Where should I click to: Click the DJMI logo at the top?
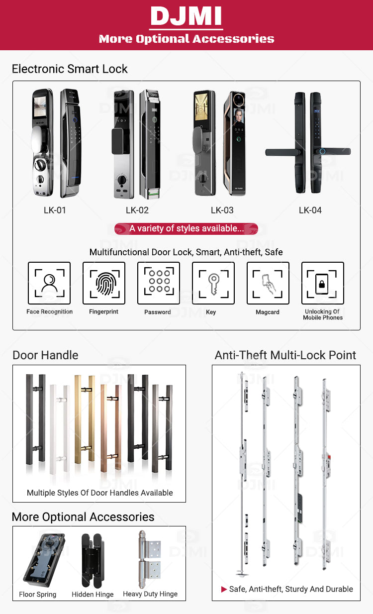(186, 16)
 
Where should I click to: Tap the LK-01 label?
(55, 210)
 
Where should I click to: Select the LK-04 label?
(310, 210)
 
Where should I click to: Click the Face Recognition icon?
(49, 283)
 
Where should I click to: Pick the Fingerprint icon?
(104, 283)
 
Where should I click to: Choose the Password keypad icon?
(159, 283)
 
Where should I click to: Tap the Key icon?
(213, 283)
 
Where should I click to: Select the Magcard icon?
(268, 283)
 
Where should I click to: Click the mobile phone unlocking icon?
(322, 283)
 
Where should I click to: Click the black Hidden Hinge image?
(92, 560)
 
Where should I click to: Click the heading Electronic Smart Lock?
(70, 69)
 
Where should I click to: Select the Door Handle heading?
(45, 355)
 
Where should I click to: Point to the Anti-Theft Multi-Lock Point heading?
(285, 355)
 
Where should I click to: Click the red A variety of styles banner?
(186, 229)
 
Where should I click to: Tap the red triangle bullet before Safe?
(224, 589)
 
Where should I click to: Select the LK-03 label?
(222, 210)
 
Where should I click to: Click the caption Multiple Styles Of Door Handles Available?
(100, 493)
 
